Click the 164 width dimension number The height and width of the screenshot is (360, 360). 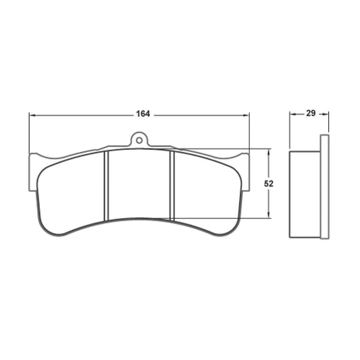pos(142,113)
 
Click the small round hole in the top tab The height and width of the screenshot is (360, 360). pos(139,141)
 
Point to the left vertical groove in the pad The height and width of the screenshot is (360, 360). pos(107,185)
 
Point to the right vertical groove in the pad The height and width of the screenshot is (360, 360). pos(172,184)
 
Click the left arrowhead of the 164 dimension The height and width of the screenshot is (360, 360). pos(32,114)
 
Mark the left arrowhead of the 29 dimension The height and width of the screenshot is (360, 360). pos(293,114)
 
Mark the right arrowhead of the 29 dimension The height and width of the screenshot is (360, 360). pos(325,114)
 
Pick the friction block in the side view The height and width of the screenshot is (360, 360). pos(305,193)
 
